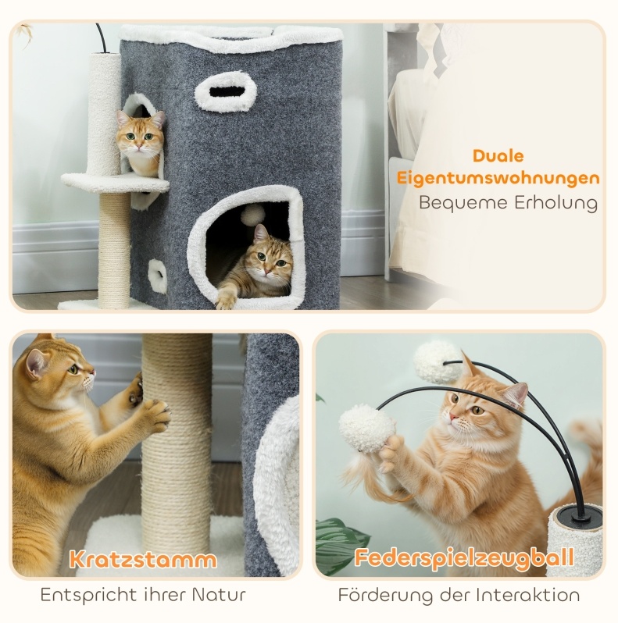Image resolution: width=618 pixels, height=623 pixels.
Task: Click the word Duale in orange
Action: click(498, 156)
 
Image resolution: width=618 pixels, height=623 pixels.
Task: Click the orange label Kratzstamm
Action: click(143, 560)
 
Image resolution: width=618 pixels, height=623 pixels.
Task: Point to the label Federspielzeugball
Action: click(464, 557)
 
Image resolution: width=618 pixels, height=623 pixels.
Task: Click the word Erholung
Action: click(556, 203)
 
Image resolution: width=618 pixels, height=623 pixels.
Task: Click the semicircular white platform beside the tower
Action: click(116, 181)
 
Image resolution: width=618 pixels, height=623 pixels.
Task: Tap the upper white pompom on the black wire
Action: click(438, 361)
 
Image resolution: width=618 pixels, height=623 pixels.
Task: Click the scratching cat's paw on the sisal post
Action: click(156, 415)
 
